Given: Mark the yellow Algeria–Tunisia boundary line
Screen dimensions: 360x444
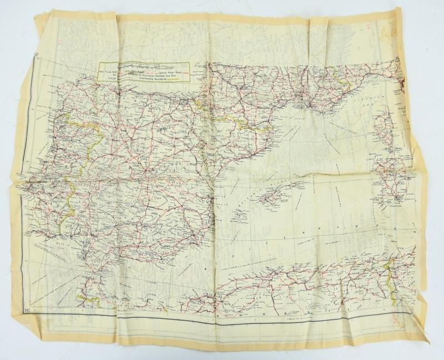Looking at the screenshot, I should pos(391,272).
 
